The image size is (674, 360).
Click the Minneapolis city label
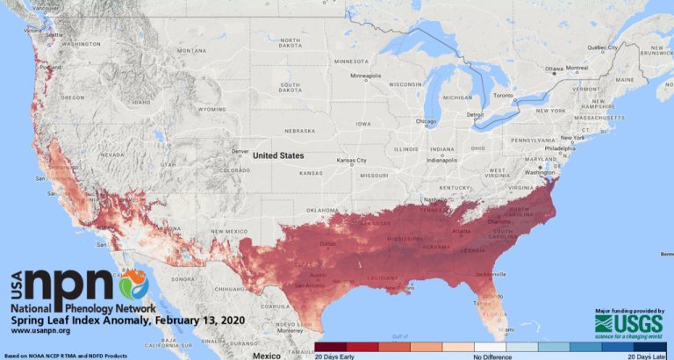pos(368,76)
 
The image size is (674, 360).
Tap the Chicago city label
pos(426,121)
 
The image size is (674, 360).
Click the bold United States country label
pos(278,155)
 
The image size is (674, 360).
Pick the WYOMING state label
pos(212,110)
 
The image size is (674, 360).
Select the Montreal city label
pos(577,68)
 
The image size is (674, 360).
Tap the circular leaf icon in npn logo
pos(133,284)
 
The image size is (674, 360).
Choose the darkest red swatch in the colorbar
pos(331,347)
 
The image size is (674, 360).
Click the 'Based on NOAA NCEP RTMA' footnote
pos(61,356)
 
